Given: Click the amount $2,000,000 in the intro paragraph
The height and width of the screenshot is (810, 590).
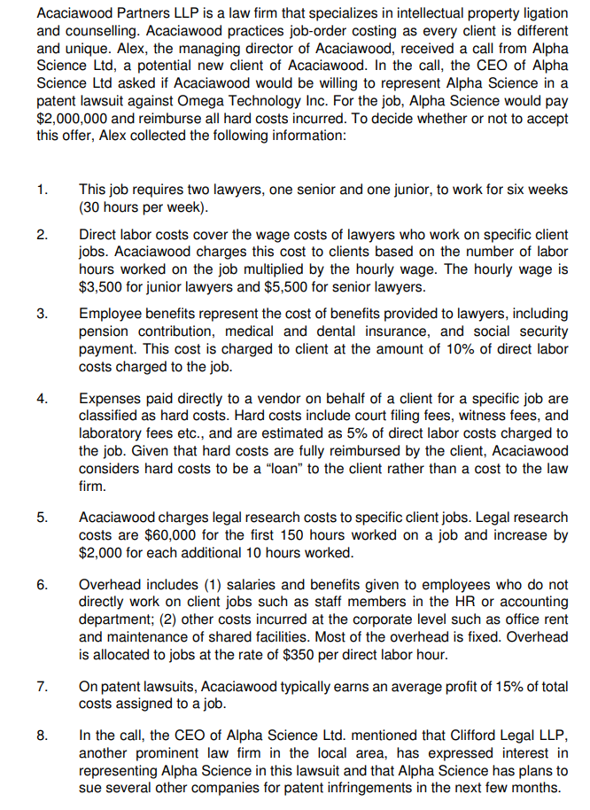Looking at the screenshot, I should coord(74,117).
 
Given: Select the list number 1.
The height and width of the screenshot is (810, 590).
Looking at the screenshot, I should coord(42,190).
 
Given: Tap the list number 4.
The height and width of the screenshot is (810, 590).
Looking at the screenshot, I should coord(42,399).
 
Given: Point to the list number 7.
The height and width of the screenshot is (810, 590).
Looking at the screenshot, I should coord(42,687).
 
